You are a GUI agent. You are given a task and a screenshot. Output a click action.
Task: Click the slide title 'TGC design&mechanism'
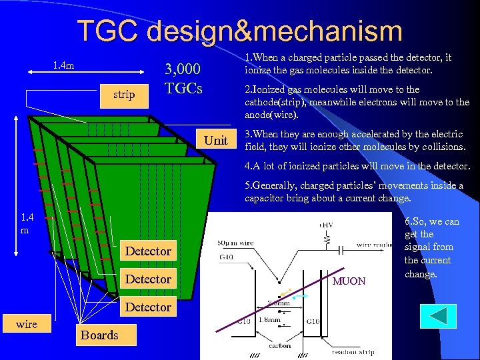click(240, 31)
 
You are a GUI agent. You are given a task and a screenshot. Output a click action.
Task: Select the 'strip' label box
click(124, 95)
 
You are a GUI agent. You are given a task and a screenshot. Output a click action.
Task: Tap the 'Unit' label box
click(215, 141)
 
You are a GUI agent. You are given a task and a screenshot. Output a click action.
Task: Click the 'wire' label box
click(27, 324)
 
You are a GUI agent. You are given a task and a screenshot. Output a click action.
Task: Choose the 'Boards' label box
click(99, 335)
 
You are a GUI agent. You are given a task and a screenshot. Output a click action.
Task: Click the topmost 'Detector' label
click(148, 251)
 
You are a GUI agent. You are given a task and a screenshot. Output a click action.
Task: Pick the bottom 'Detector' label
click(148, 307)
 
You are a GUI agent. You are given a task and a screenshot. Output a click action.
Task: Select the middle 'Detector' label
click(148, 279)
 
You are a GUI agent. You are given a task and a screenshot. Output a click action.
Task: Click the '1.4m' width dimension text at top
click(64, 65)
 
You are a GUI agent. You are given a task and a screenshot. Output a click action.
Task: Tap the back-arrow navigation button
click(438, 316)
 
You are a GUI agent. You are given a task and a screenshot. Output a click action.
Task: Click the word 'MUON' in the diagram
click(349, 281)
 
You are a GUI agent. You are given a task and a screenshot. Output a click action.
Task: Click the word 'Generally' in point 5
click(278, 185)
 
